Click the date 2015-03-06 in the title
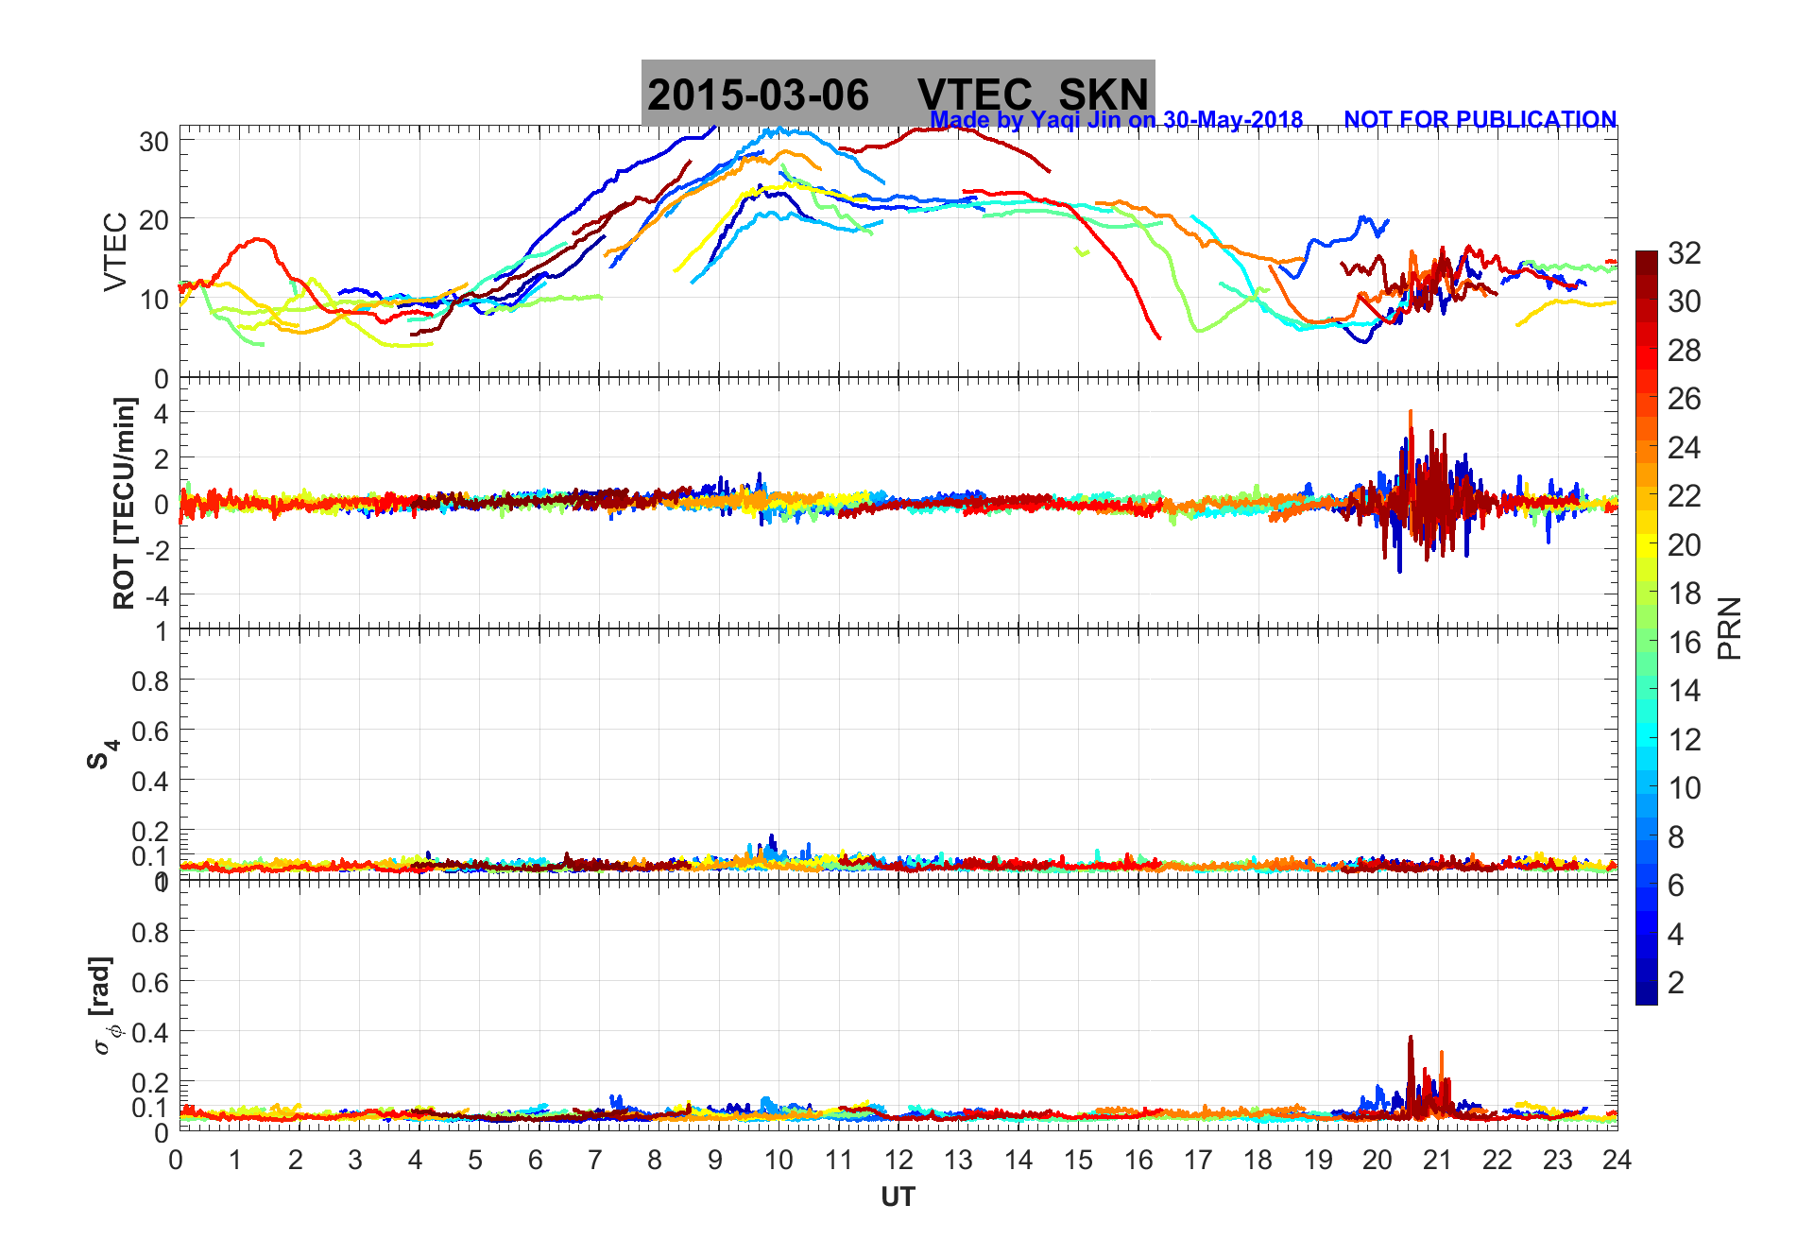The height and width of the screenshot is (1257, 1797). (758, 95)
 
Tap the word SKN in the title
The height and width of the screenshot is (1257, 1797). (1103, 95)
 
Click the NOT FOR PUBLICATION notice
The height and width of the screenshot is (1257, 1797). (1480, 120)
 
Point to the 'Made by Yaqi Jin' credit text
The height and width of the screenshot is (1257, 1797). (1116, 120)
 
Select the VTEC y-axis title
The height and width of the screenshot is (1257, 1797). (115, 251)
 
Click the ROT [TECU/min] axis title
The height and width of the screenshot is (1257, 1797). (124, 503)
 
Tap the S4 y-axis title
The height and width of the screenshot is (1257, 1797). (102, 754)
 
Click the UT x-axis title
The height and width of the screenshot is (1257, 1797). (898, 1197)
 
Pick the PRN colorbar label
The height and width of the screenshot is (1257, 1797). (1729, 628)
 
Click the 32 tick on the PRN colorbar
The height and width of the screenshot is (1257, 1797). (1685, 253)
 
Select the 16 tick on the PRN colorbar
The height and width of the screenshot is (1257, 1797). (1685, 643)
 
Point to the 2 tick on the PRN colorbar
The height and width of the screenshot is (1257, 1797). (1676, 983)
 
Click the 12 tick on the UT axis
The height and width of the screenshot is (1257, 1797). (898, 1160)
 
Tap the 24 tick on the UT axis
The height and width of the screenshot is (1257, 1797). (1617, 1160)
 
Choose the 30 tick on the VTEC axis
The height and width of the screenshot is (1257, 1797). (154, 142)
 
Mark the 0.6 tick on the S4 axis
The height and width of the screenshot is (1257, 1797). (149, 731)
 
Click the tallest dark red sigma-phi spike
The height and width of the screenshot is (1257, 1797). (1411, 1038)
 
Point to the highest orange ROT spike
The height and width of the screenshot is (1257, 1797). (1411, 412)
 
